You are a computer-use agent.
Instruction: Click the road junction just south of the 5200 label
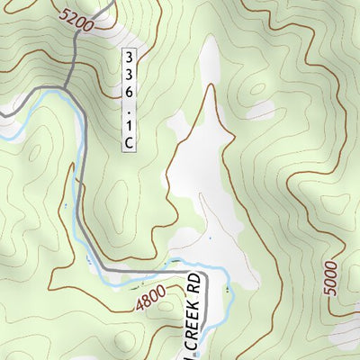point(68,87)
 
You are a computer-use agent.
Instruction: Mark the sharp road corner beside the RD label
point(206,273)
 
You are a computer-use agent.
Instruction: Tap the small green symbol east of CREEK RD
point(228,290)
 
